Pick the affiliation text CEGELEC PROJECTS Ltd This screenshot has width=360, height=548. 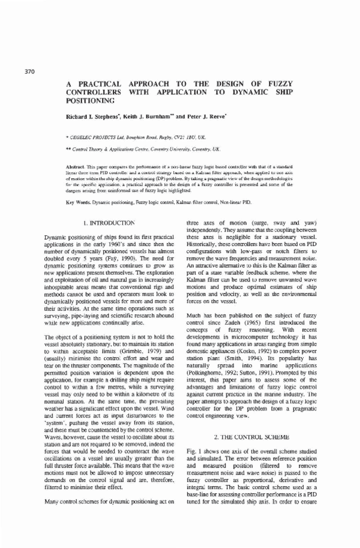[112, 137]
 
